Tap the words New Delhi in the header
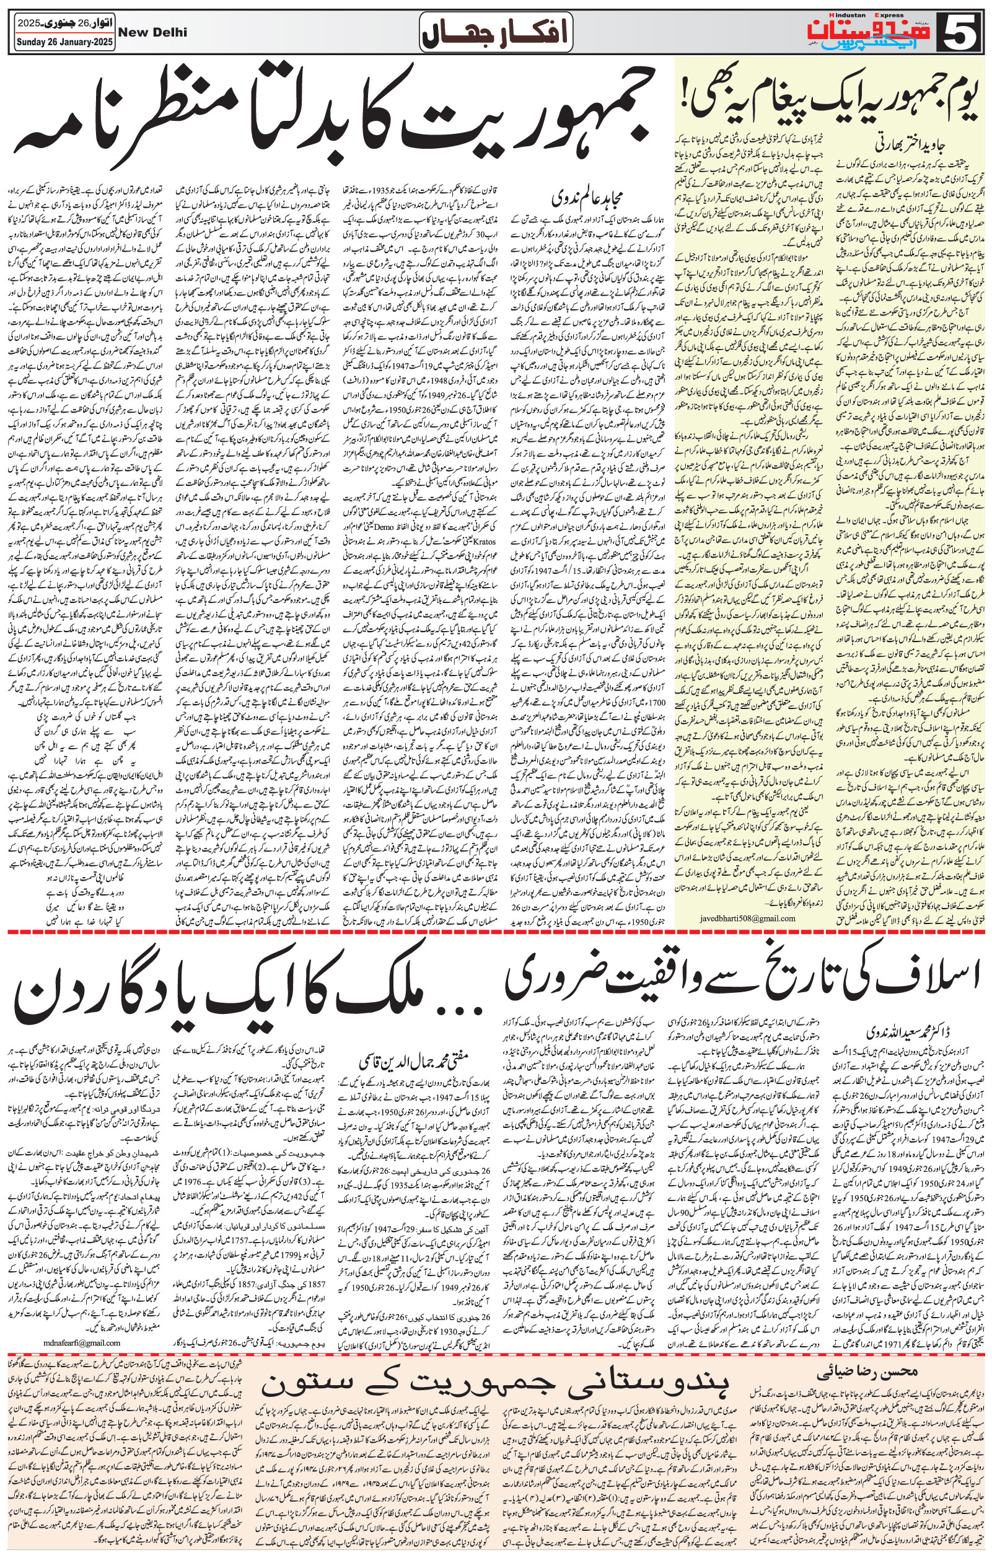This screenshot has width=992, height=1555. [x=153, y=32]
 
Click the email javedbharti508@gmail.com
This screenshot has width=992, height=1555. [x=735, y=918]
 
